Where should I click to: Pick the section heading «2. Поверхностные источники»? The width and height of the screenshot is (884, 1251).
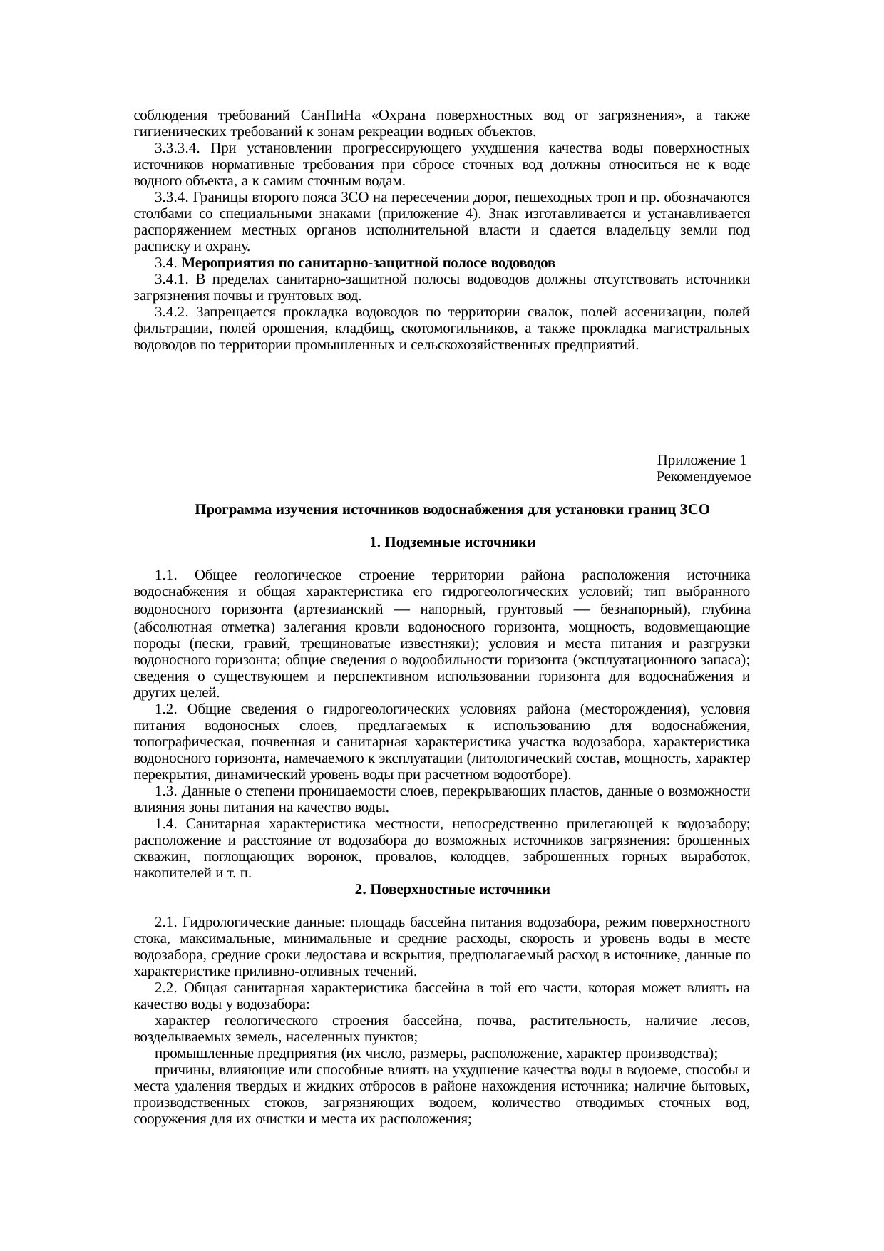(x=453, y=890)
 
